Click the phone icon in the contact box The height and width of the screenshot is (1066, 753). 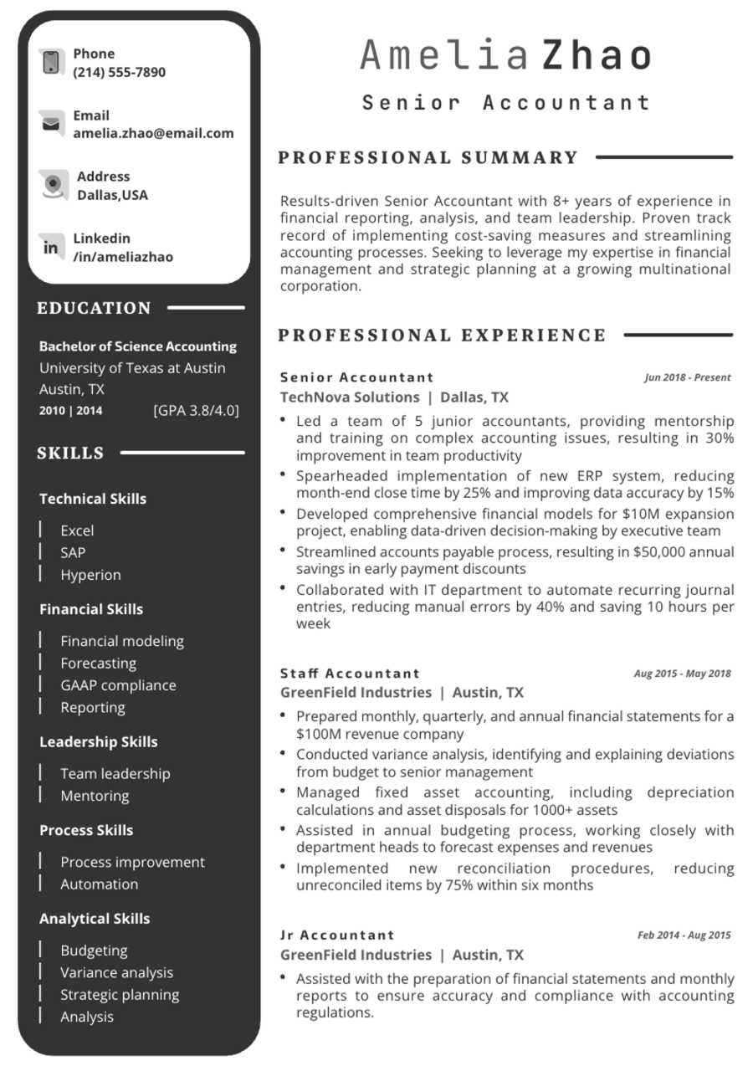click(x=51, y=62)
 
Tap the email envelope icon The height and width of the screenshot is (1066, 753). click(x=51, y=124)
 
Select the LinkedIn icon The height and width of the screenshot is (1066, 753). click(x=51, y=248)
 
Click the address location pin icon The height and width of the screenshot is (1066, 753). click(x=54, y=185)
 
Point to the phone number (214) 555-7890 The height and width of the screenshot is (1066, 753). click(x=119, y=72)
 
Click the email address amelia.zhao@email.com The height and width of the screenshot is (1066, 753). click(x=153, y=133)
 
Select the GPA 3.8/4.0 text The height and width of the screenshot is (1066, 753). click(x=196, y=410)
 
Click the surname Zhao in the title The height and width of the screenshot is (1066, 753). click(x=597, y=56)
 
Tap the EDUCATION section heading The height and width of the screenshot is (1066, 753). click(x=94, y=308)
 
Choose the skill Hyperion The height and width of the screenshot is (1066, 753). click(x=90, y=575)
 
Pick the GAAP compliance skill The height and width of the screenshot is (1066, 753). click(x=118, y=685)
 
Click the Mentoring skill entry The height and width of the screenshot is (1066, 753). click(x=95, y=796)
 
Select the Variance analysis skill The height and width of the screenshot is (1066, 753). click(x=116, y=972)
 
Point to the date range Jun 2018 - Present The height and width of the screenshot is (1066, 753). click(x=687, y=377)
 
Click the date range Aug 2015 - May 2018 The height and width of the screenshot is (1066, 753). click(x=682, y=673)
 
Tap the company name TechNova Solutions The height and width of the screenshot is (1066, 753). click(x=350, y=397)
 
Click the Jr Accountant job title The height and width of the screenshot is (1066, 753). click(x=337, y=935)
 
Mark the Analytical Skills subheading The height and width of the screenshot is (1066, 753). click(x=95, y=919)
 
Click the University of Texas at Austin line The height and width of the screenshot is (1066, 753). click(x=132, y=368)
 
